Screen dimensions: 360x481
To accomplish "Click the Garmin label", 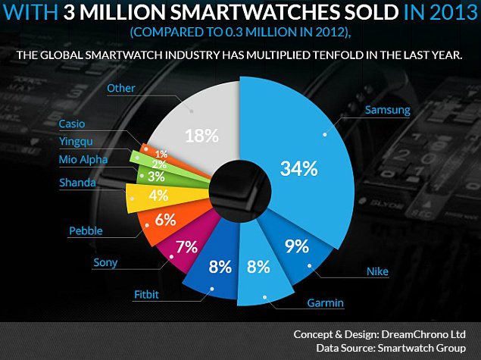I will click(x=326, y=304).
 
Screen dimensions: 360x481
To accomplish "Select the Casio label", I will click(x=73, y=124).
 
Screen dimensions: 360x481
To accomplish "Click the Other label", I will click(x=121, y=89).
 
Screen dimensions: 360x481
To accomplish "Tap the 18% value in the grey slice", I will click(x=202, y=136).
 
